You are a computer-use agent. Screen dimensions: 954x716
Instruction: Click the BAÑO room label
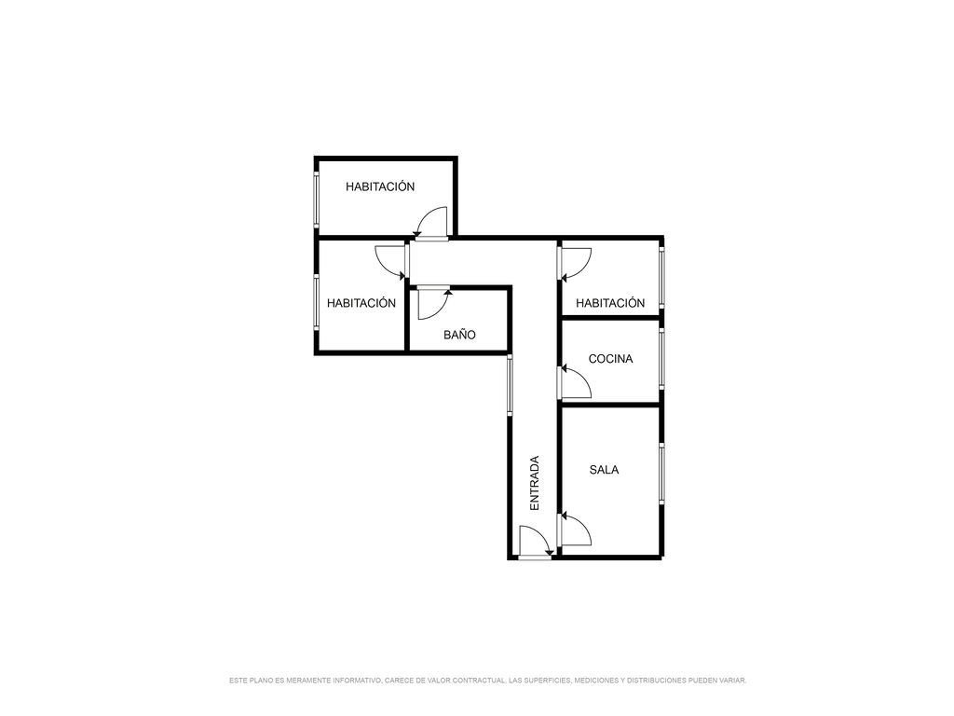click(459, 335)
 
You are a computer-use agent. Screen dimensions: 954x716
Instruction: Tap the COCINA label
click(610, 359)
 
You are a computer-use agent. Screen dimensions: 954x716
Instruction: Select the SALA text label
click(604, 470)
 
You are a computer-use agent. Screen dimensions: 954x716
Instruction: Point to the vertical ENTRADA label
click(534, 483)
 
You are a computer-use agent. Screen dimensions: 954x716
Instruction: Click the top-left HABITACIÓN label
click(380, 186)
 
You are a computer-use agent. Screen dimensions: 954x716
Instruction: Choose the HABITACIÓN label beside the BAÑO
click(361, 303)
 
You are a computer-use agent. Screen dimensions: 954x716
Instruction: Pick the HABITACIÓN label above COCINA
click(610, 303)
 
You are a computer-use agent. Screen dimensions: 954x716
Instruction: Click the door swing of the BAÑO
click(432, 305)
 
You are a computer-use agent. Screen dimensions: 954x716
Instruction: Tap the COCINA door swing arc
click(576, 382)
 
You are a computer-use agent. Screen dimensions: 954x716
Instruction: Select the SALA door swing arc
click(576, 529)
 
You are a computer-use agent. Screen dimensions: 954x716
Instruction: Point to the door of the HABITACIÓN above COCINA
click(576, 264)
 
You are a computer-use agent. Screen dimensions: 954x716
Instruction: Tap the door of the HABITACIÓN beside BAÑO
click(390, 262)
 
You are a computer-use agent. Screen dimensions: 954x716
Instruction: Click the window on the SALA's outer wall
click(661, 474)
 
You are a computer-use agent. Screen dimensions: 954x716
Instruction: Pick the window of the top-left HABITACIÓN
click(317, 200)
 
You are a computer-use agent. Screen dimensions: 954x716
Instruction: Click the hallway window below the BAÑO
click(510, 385)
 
